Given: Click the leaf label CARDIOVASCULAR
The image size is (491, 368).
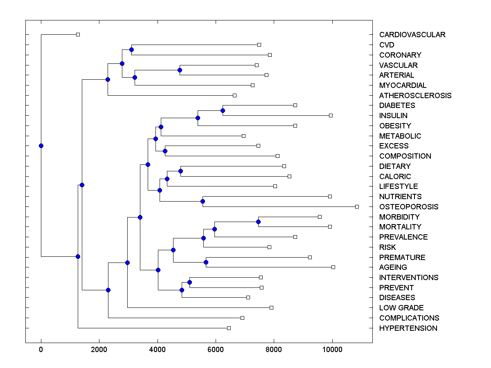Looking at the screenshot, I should (x=412, y=35).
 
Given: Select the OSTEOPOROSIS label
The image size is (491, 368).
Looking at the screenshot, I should (x=408, y=207).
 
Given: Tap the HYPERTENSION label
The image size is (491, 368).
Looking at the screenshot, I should (x=408, y=328).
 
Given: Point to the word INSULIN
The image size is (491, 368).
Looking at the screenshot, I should (x=393, y=116).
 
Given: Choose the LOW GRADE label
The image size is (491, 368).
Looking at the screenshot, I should (x=401, y=308).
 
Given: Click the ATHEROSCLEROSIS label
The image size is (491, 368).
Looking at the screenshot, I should (x=415, y=96).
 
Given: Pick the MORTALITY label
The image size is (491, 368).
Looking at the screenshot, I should (x=400, y=227).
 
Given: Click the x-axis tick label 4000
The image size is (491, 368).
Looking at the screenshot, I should (x=158, y=350).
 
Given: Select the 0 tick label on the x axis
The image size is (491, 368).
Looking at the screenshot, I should (x=41, y=350).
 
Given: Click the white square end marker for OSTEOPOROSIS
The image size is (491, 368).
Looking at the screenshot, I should (x=357, y=206).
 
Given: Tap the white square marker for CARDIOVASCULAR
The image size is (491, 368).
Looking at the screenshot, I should (x=78, y=34).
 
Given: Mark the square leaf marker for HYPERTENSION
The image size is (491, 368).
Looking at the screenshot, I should (x=229, y=328).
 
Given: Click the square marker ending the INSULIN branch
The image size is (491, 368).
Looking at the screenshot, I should (x=331, y=115).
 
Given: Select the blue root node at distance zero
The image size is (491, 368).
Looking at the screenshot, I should (x=41, y=146).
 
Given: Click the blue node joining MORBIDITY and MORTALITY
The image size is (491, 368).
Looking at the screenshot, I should (x=258, y=222).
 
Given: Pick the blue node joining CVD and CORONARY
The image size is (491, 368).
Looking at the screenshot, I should (x=131, y=50).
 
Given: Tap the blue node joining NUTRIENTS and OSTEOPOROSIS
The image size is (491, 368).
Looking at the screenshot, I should (x=203, y=201).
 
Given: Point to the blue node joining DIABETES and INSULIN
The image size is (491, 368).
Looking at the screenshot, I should (x=223, y=110).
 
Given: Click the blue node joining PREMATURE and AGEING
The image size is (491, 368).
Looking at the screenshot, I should (x=206, y=262).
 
